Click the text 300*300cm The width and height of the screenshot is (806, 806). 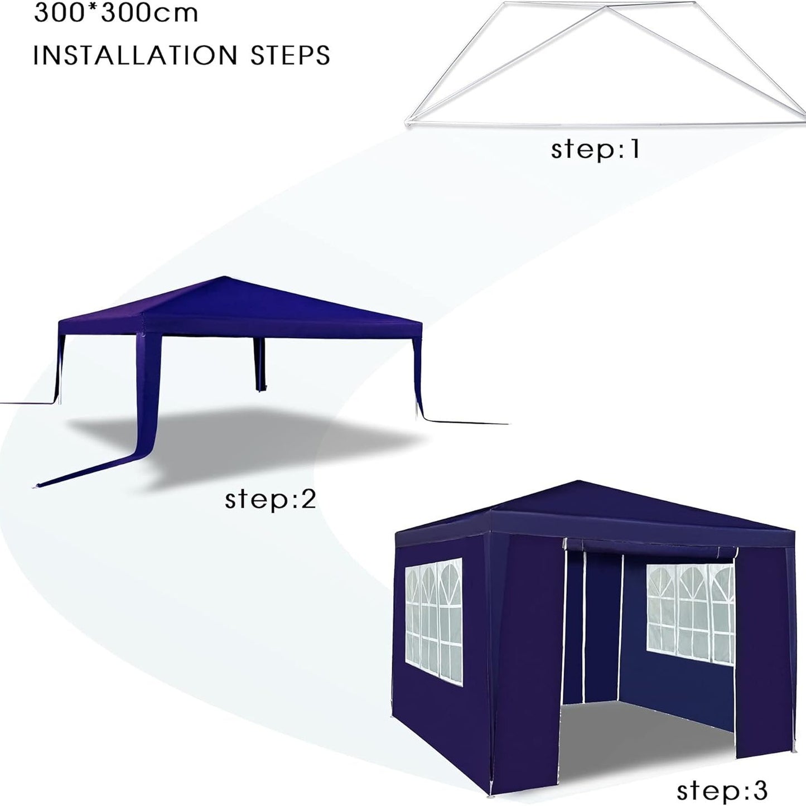tap(116, 12)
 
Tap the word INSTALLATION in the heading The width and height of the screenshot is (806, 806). tap(135, 55)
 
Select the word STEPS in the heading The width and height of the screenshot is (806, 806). tap(290, 55)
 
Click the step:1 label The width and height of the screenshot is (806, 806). tap(595, 149)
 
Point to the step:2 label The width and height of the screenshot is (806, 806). tap(270, 499)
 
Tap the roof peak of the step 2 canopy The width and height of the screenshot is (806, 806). tap(225, 277)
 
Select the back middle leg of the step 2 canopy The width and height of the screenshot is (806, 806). tap(259, 364)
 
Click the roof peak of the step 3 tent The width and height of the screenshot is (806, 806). tap(578, 482)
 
